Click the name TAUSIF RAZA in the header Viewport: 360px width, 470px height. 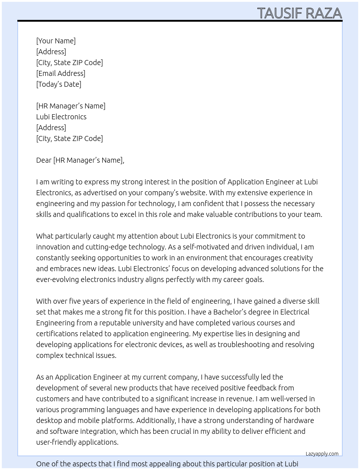[x=299, y=13]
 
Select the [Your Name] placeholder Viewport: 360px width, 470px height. [x=56, y=41]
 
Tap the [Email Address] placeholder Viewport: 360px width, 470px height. [x=61, y=73]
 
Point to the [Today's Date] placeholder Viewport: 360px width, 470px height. [x=59, y=84]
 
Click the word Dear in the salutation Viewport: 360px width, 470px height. [x=44, y=160]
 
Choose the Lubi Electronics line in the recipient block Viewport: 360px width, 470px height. [x=61, y=117]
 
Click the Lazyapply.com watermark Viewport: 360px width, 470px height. [x=322, y=454]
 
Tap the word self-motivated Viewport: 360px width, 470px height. [x=205, y=247]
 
